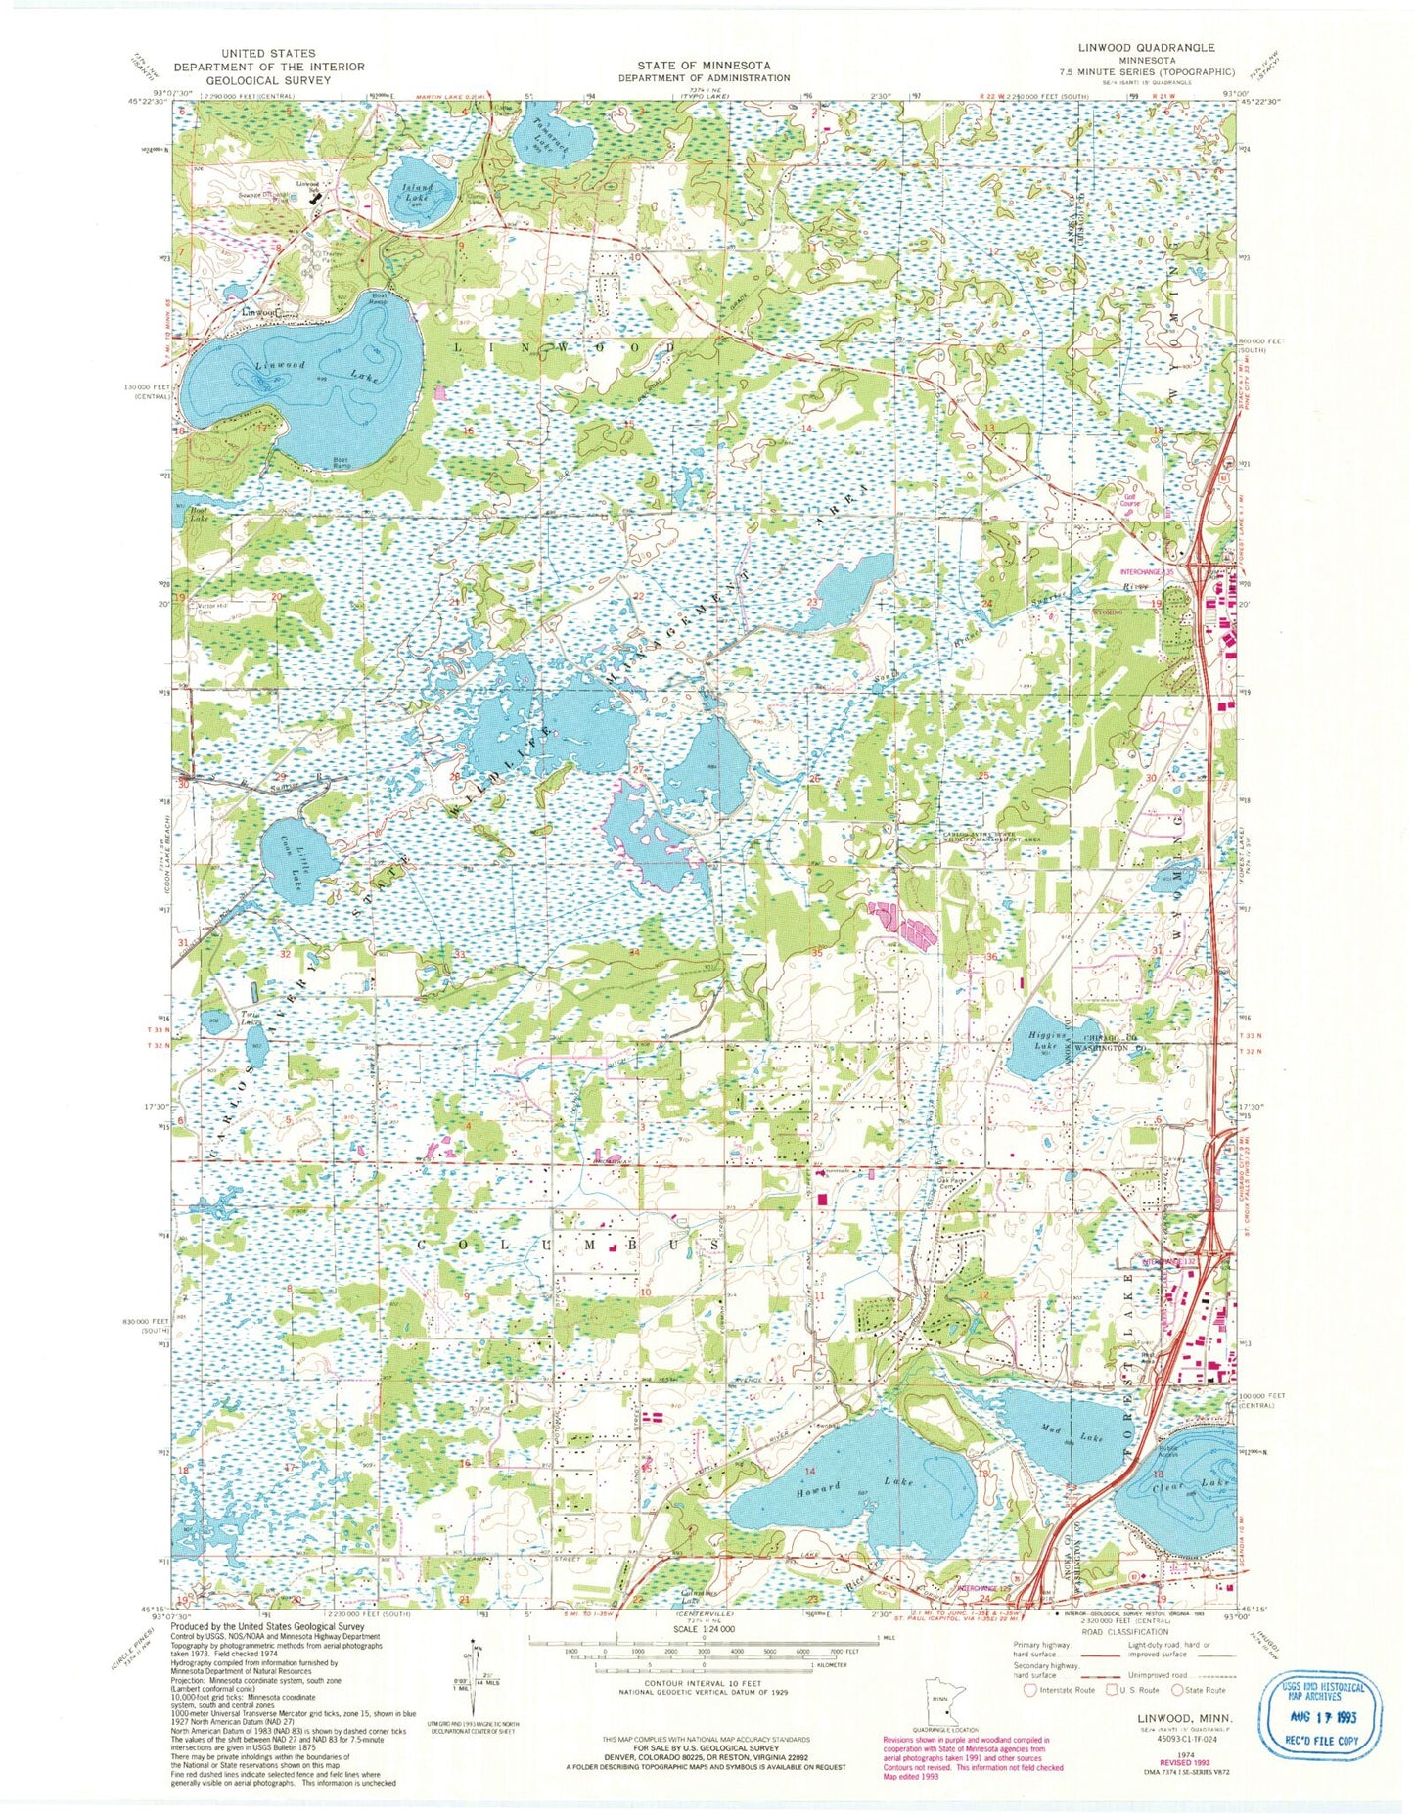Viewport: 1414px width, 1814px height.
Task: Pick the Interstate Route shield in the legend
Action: coord(1029,1690)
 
